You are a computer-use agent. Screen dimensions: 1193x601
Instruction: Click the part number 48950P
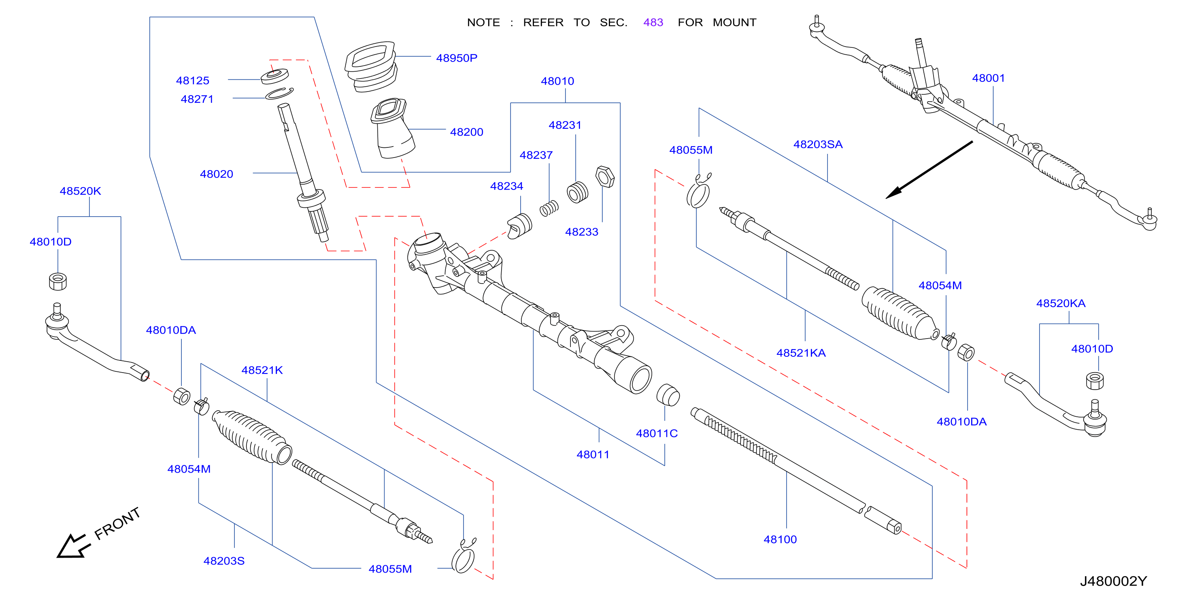pos(456,58)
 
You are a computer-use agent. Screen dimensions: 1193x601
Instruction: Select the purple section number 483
pos(653,22)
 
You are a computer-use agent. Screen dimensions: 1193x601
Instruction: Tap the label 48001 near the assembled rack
pos(988,78)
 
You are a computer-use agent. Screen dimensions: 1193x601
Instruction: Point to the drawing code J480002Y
pos(1113,581)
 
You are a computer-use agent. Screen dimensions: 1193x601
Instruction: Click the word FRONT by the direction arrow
pos(117,523)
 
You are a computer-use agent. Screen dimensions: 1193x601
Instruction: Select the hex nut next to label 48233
pos(605,177)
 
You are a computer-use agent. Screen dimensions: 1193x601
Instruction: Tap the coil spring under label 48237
pos(549,209)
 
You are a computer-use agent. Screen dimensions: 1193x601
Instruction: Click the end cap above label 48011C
pos(668,394)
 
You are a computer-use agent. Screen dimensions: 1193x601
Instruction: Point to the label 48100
pos(780,539)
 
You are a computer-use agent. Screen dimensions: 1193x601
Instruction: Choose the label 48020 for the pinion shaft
pos(216,174)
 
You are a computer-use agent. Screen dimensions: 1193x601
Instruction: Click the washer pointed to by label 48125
pos(274,76)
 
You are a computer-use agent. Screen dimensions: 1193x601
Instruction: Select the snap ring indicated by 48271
pos(279,93)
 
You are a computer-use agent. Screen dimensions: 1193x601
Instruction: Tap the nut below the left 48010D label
pos(58,281)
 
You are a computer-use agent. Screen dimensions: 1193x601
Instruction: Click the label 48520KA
pos(1061,303)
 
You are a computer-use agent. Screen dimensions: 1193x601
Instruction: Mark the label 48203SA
pos(818,144)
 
